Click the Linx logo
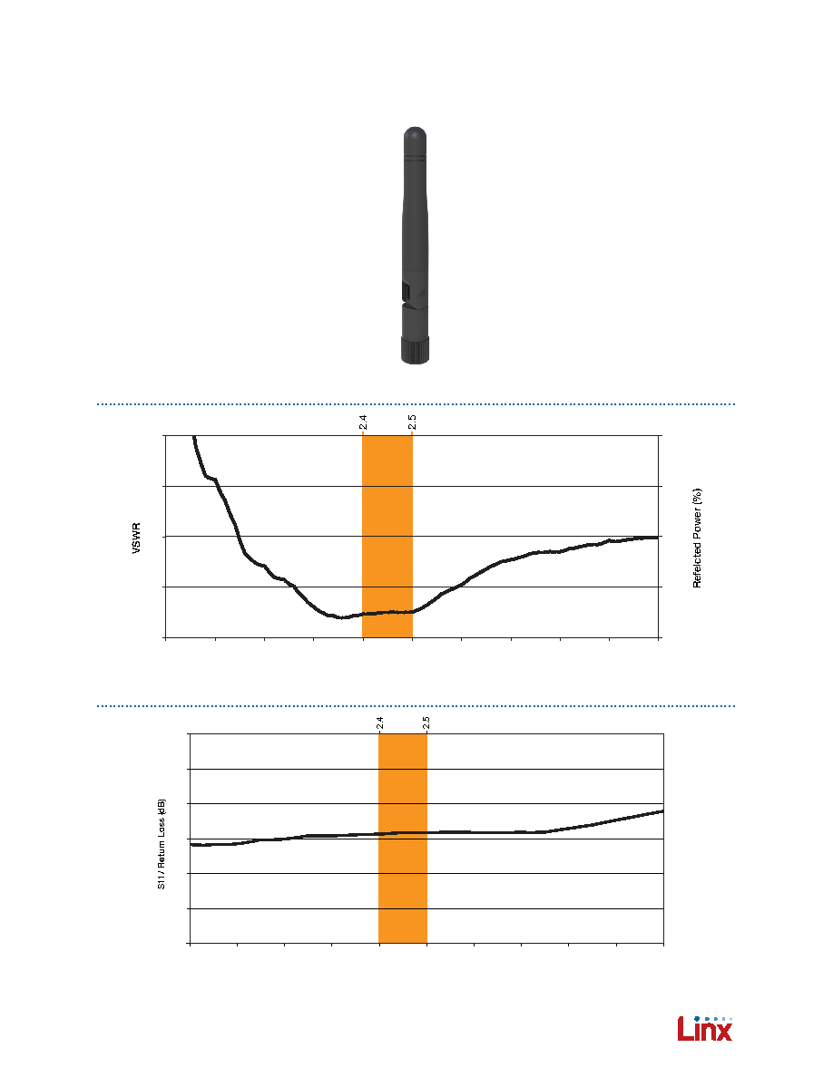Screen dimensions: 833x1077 click(x=704, y=1028)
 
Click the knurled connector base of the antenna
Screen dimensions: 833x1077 click(x=415, y=350)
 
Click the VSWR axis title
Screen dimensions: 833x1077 click(x=136, y=538)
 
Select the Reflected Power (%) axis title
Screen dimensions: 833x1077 click(x=697, y=538)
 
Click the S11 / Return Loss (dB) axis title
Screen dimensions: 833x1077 click(x=162, y=844)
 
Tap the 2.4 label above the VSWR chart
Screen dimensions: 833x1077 click(x=363, y=422)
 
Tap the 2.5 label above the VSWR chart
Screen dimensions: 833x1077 click(x=412, y=422)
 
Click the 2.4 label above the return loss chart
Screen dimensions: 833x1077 click(x=379, y=723)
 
